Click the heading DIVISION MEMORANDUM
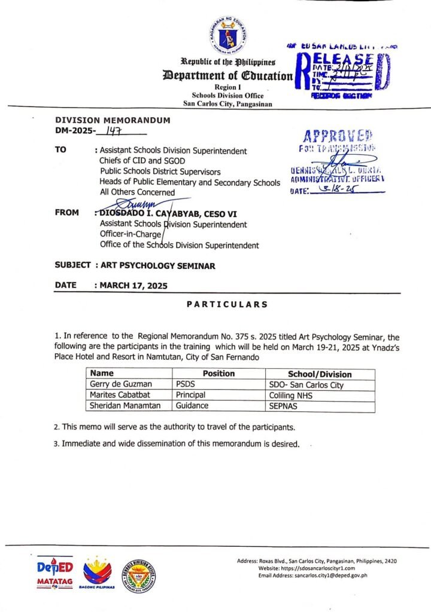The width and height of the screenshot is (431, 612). (x=113, y=120)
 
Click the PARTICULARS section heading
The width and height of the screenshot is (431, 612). (x=227, y=304)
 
